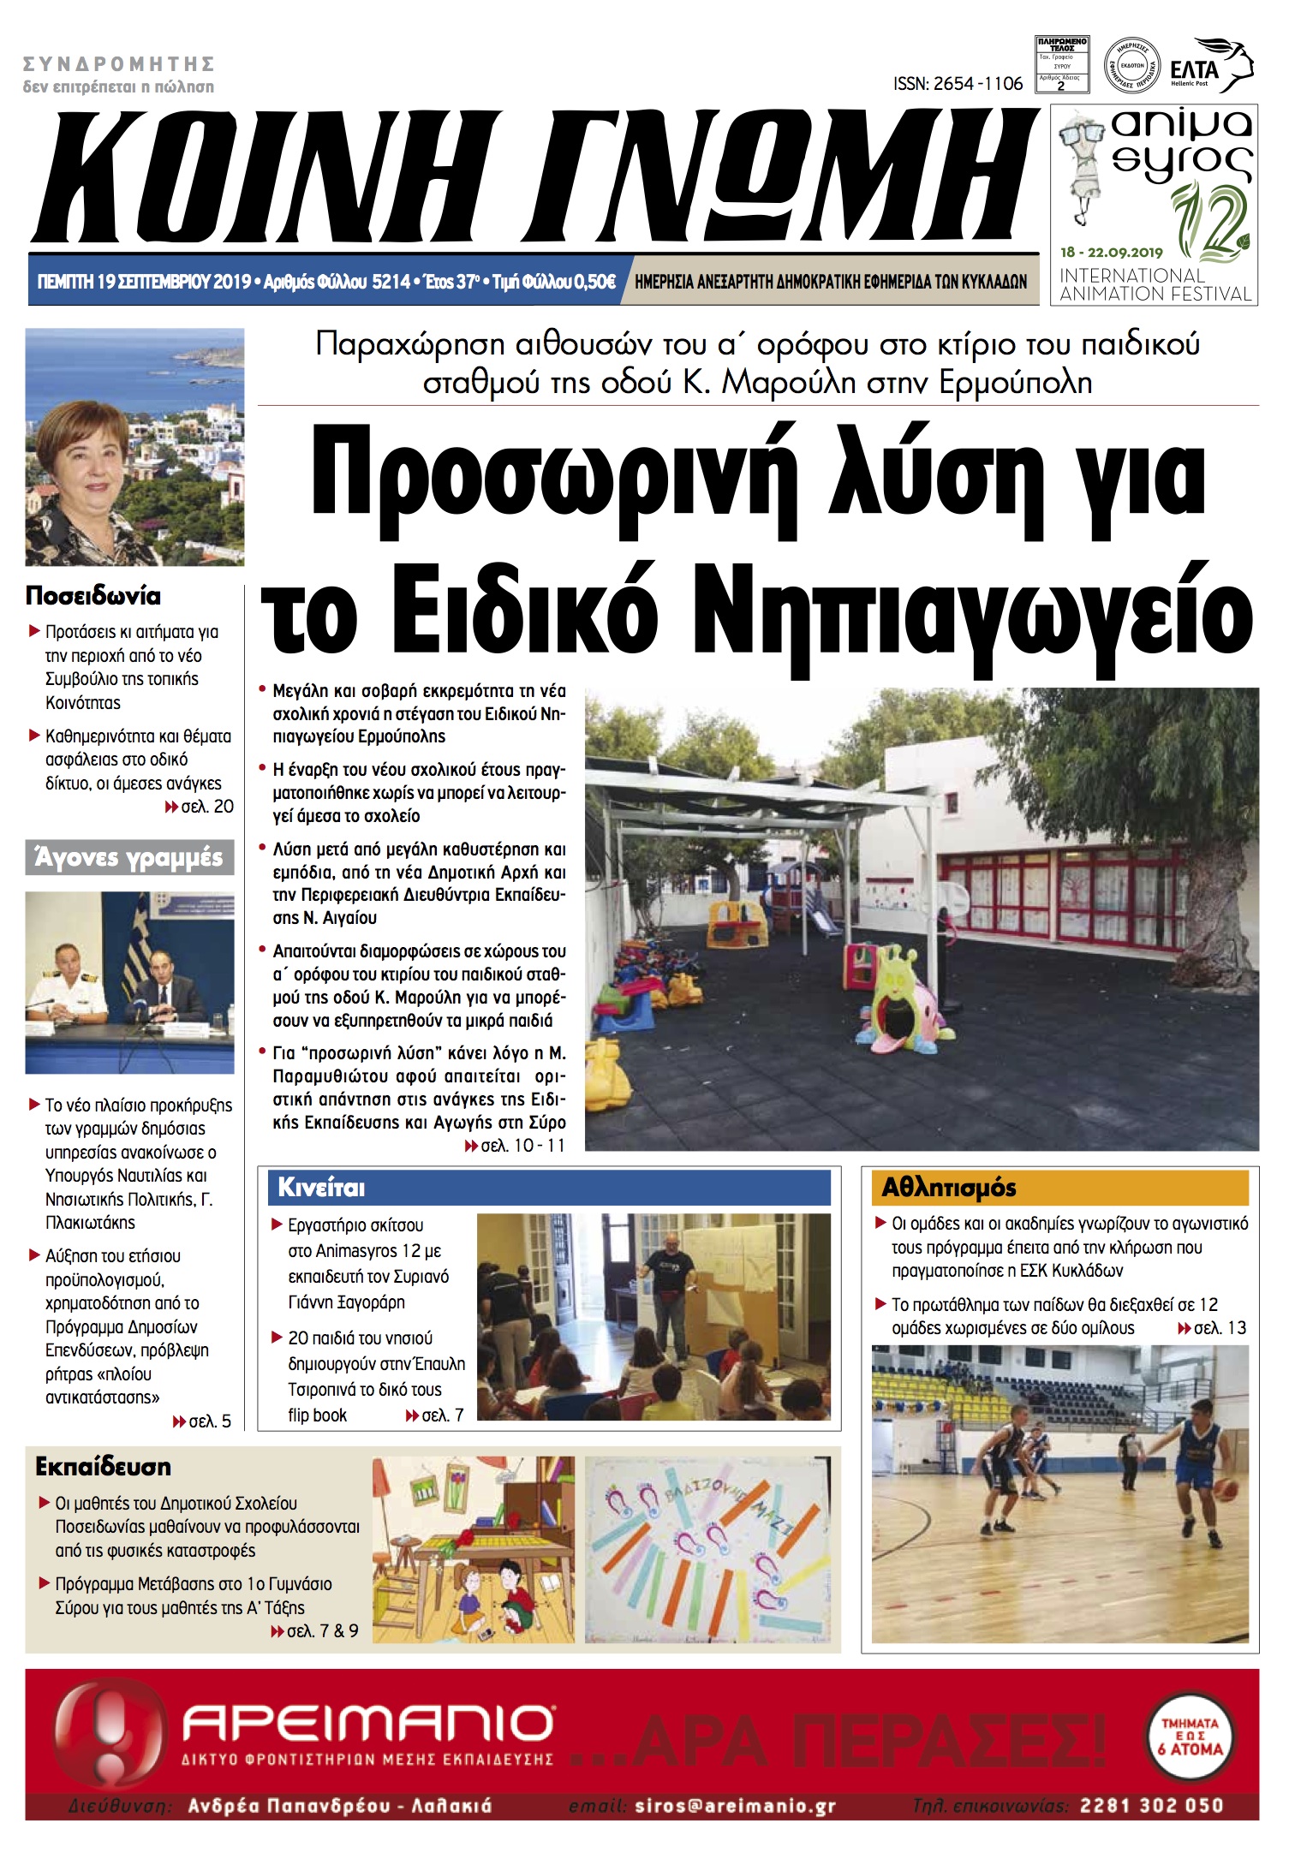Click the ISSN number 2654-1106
(958, 84)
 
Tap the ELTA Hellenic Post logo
(1209, 67)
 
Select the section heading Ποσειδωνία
(93, 596)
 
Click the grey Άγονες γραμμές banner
(129, 857)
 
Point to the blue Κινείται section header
(548, 1188)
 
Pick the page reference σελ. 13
(1213, 1328)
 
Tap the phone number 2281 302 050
(1151, 1806)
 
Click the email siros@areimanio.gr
(735, 1806)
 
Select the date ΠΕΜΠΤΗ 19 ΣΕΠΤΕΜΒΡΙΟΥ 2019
(144, 282)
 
